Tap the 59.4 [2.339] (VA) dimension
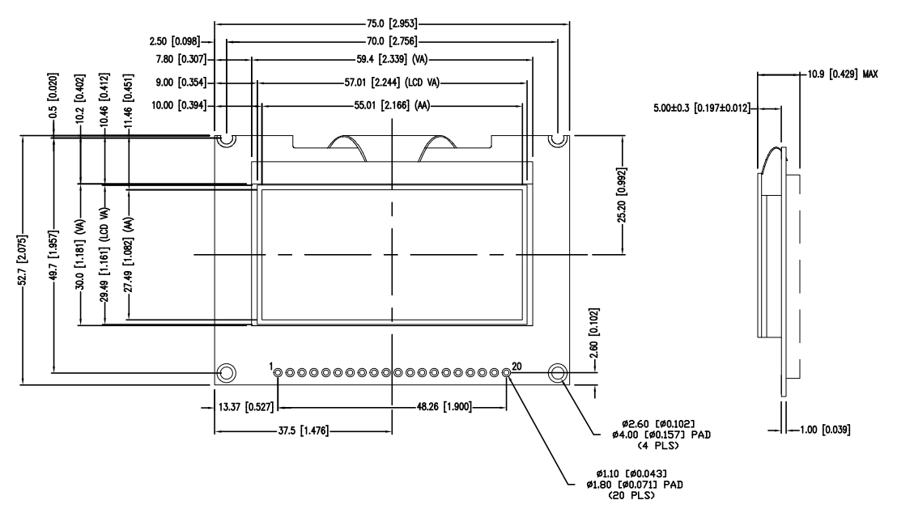[393, 59]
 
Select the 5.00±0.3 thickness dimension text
[703, 106]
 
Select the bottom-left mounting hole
[227, 372]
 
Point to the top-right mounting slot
[557, 139]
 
